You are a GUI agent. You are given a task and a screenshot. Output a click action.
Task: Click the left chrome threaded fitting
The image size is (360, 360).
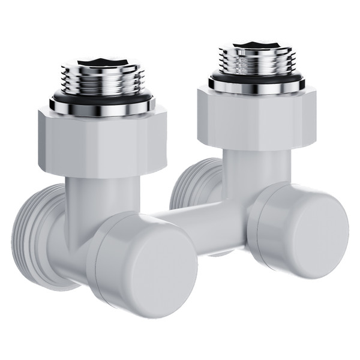click(102, 78)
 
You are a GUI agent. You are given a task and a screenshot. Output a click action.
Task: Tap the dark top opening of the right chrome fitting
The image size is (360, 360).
click(257, 43)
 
